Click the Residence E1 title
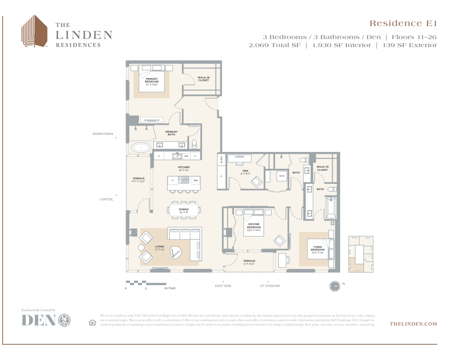click(x=402, y=23)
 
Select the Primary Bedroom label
click(x=151, y=81)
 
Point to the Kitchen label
click(x=184, y=169)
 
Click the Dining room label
click(x=184, y=210)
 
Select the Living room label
click(x=160, y=247)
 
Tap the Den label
click(x=245, y=172)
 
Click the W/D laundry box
click(x=282, y=176)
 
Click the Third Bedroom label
click(x=318, y=248)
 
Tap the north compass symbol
click(x=334, y=286)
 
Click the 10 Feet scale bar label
click(x=169, y=288)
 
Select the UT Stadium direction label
click(x=269, y=286)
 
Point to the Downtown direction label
click(x=103, y=134)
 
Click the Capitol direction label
click(x=106, y=199)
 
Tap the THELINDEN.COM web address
click(x=413, y=323)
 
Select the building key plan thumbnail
click(x=361, y=253)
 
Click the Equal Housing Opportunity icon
click(x=92, y=322)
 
